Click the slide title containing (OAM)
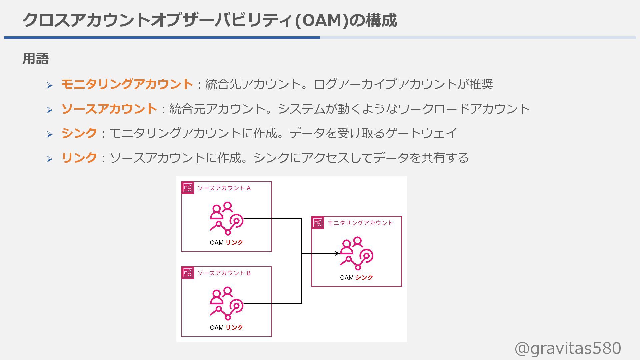(209, 20)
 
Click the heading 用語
(36, 59)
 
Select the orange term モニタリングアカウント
(127, 84)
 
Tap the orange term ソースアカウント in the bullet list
(109, 109)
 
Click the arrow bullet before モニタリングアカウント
(50, 85)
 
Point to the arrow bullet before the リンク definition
(50, 159)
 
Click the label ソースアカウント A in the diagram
(224, 188)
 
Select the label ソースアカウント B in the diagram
(224, 273)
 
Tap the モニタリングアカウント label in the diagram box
(360, 223)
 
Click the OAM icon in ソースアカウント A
(226, 218)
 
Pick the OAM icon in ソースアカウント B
(226, 303)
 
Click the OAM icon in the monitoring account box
(357, 253)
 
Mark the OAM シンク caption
(356, 277)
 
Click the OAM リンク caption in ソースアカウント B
(226, 327)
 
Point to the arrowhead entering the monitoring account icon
(338, 253)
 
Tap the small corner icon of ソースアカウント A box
(188, 188)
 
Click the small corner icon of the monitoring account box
(318, 223)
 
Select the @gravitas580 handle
(568, 348)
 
